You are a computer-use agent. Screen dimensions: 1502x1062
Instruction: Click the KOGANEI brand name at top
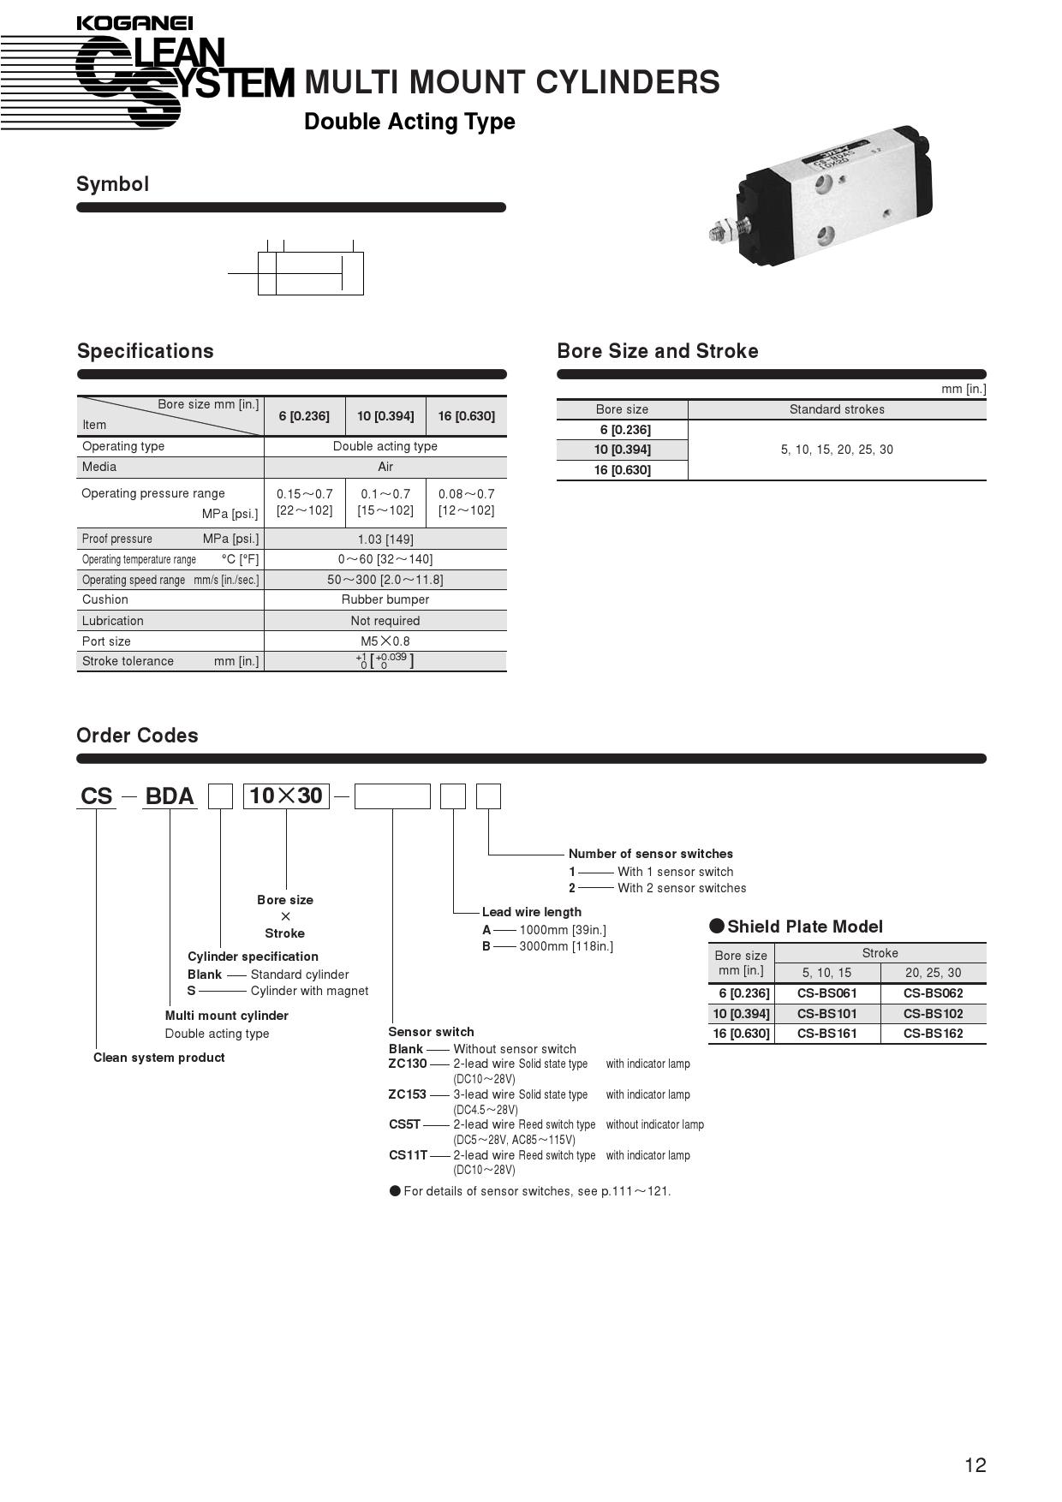tap(134, 23)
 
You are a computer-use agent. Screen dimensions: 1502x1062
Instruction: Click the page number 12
tap(975, 1465)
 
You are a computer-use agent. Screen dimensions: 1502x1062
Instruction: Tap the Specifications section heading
tap(145, 351)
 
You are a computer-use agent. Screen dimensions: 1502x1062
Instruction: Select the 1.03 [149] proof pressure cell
tap(385, 539)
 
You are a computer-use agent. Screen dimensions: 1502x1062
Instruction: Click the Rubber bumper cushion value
tap(385, 599)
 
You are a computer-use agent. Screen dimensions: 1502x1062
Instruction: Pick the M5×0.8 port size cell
tap(385, 641)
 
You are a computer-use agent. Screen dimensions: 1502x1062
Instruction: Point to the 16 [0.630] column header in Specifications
tap(466, 416)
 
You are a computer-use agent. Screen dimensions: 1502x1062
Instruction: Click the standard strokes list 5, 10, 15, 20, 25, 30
tap(837, 450)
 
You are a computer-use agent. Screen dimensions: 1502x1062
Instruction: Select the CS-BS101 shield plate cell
tap(826, 1014)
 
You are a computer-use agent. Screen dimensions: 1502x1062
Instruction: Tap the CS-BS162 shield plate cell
tap(933, 1034)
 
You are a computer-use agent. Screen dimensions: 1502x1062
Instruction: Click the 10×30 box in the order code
tap(286, 796)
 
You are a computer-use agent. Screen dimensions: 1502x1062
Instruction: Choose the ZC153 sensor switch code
tap(407, 1094)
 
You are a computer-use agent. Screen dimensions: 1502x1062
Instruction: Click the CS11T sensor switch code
tap(408, 1155)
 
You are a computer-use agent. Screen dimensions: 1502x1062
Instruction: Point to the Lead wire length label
tap(531, 912)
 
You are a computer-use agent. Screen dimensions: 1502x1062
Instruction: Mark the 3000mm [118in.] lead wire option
tap(566, 946)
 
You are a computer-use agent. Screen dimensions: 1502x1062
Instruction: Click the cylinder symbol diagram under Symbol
tap(310, 272)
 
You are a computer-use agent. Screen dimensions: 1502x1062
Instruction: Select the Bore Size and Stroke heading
tap(657, 351)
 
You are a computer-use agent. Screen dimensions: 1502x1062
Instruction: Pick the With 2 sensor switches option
tap(682, 888)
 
